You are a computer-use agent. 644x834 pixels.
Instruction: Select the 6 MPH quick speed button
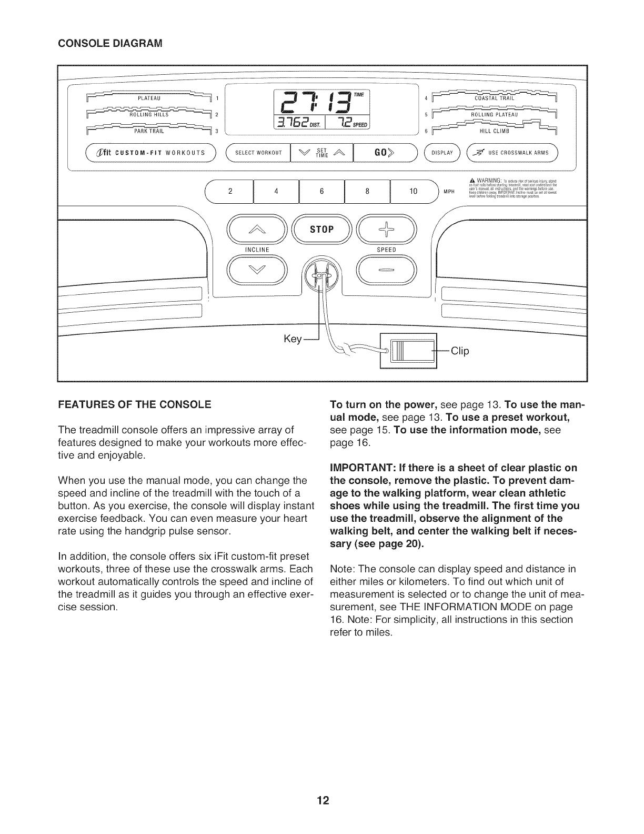321,192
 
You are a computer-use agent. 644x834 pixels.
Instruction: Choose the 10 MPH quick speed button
413,192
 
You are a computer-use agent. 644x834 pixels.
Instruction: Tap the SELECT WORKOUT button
258,153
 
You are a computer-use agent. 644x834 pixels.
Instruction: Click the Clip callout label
459,351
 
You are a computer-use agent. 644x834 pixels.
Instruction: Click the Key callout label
292,340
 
